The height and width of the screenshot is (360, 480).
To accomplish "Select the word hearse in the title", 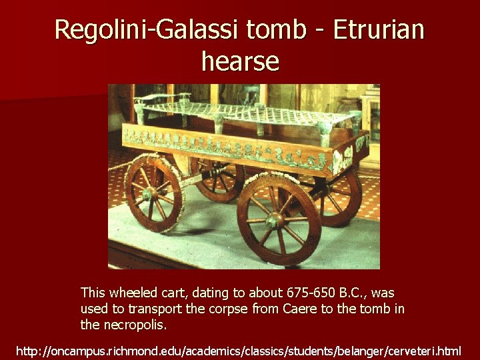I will (240, 61).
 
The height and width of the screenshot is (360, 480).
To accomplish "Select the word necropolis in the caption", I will (133, 325).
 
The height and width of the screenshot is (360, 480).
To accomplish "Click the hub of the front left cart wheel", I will (148, 193).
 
